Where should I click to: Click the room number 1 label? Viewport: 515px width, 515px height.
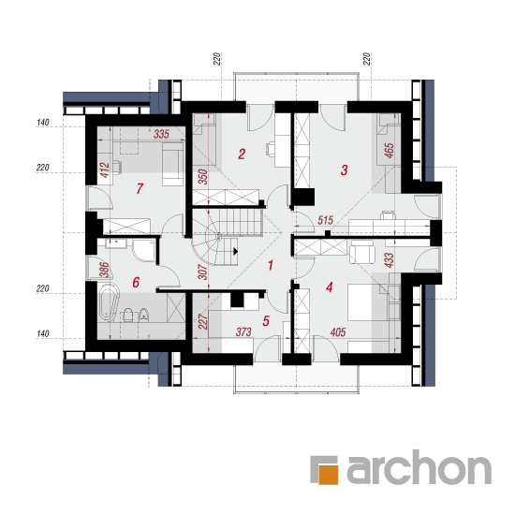[271, 265]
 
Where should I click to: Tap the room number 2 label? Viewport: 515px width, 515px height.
[242, 154]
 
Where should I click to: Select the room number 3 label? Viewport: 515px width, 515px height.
[344, 170]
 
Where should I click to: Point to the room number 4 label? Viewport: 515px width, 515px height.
[330, 287]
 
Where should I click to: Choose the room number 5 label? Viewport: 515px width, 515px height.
[266, 321]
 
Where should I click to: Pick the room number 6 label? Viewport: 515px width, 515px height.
[136, 282]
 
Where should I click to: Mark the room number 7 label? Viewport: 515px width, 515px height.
[140, 188]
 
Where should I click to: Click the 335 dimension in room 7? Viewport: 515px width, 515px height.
[162, 134]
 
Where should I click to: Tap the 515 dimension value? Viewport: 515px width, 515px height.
[326, 220]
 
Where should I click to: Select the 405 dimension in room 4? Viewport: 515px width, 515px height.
[338, 332]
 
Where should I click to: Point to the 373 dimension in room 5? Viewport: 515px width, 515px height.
[243, 332]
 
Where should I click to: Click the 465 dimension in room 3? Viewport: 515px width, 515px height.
[390, 151]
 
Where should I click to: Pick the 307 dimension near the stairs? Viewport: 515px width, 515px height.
[203, 272]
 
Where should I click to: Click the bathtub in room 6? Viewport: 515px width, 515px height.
[109, 302]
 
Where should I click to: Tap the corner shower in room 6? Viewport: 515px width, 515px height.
[144, 250]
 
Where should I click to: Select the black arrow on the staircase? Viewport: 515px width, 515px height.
[235, 252]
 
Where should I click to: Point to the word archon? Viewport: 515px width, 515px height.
[419, 466]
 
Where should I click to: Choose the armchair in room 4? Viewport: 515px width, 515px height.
[362, 252]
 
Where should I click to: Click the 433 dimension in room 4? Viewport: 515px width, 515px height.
[389, 260]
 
